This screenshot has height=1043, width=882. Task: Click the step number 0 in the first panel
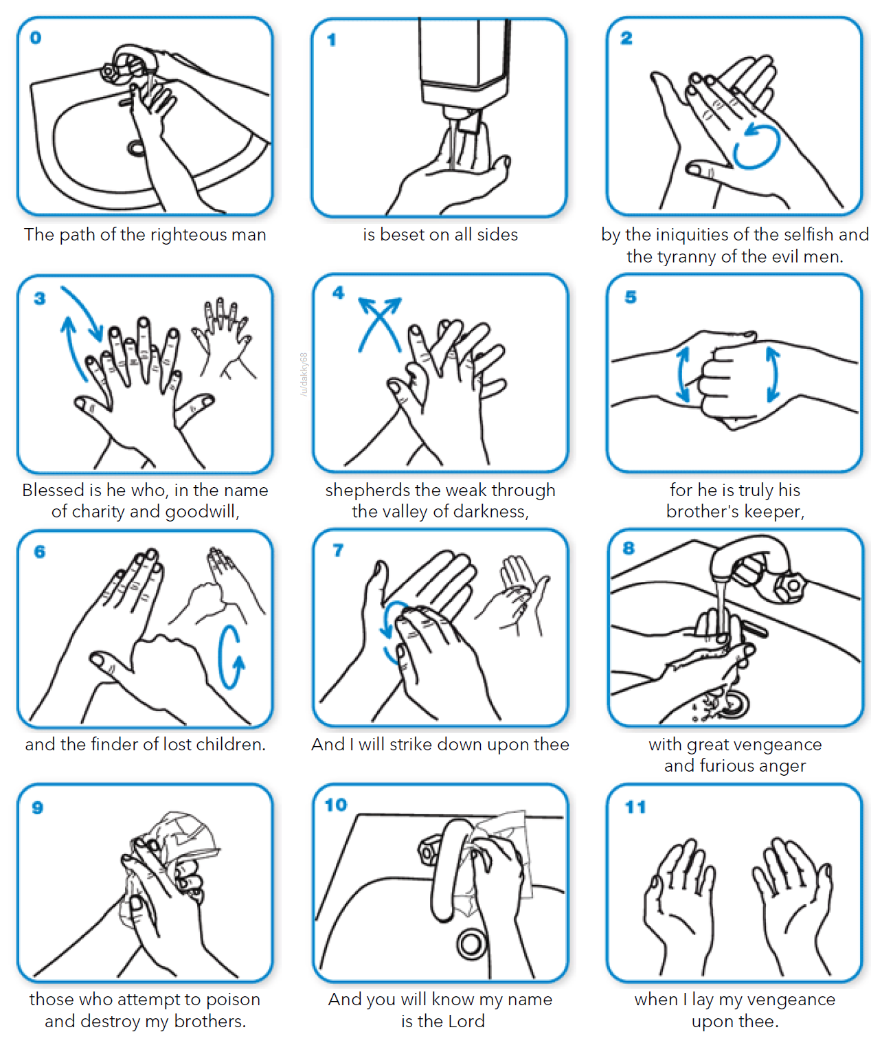point(36,38)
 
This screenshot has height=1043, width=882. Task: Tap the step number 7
point(338,550)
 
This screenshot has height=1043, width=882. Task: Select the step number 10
point(336,805)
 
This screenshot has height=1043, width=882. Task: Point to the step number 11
point(635,807)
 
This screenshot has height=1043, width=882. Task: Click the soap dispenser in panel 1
point(464,62)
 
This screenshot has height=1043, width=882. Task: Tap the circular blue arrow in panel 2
point(756,146)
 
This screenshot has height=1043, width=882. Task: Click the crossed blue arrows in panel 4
point(379,323)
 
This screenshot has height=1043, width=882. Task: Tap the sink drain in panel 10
point(471,944)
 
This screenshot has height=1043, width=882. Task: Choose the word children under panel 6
point(230,745)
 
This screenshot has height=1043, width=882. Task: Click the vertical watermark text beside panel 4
point(304,374)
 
